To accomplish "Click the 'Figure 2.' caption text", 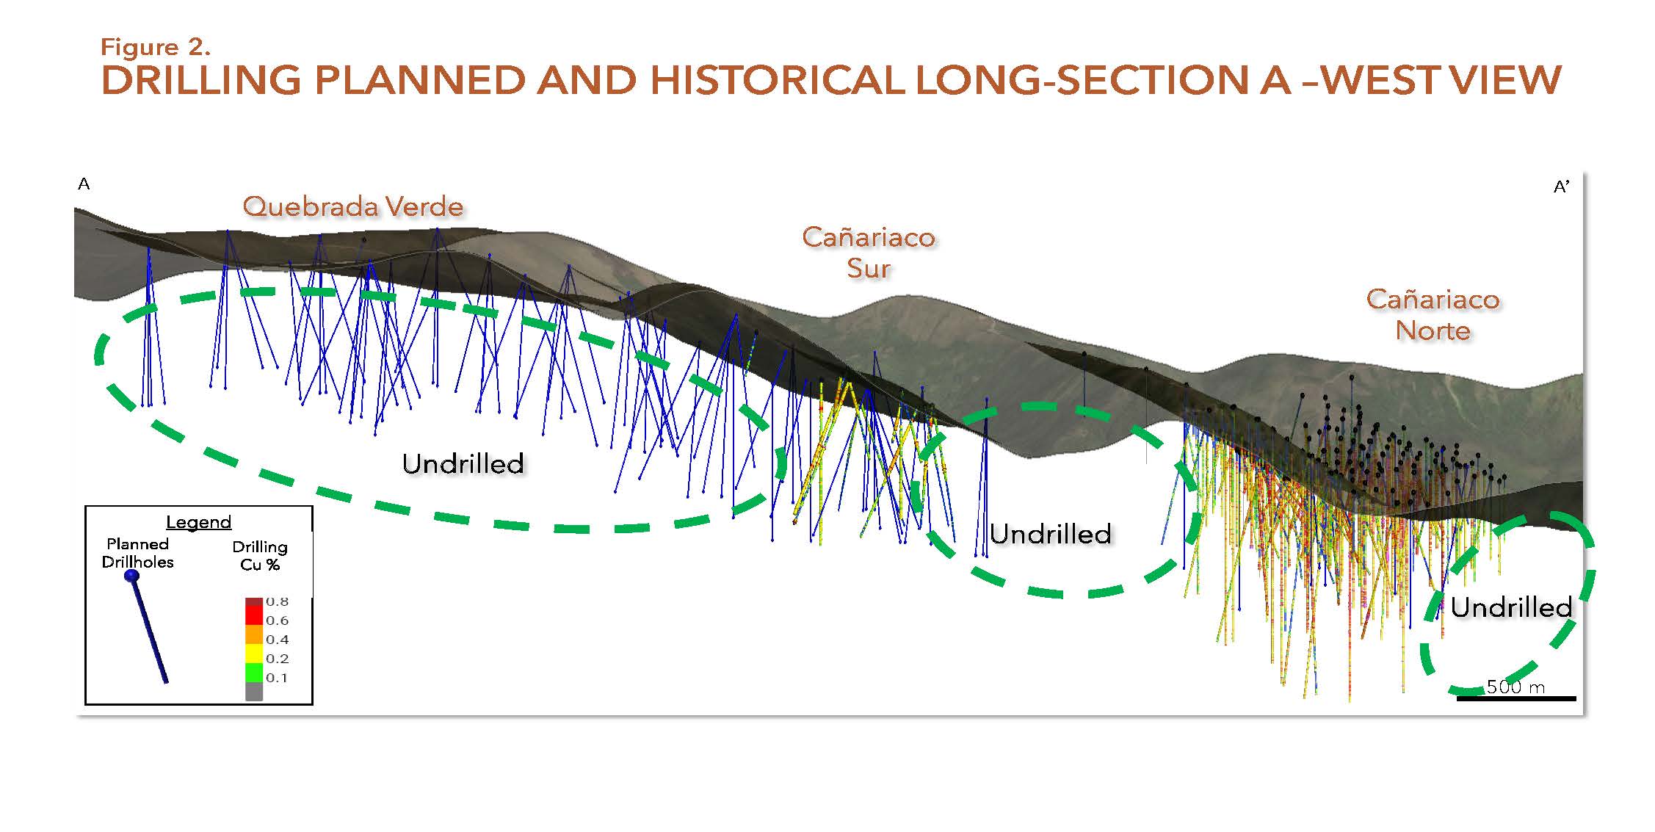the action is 156,47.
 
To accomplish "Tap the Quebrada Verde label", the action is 353,206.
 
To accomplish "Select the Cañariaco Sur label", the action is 869,253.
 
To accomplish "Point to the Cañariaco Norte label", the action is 1433,315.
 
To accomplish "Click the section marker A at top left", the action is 84,184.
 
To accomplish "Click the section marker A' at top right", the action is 1561,187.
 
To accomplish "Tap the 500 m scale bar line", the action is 1516,698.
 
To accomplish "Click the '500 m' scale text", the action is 1515,687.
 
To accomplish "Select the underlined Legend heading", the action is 198,522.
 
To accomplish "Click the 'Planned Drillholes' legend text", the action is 138,553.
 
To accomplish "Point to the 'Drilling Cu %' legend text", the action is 260,556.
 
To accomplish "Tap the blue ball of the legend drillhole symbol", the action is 132,576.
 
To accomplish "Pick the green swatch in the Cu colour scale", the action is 254,673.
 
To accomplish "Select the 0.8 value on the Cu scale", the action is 277,601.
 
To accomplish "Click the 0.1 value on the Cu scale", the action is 277,677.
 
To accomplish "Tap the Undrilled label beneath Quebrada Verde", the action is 463,463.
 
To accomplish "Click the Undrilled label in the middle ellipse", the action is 1051,534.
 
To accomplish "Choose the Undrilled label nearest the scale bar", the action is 1511,607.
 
